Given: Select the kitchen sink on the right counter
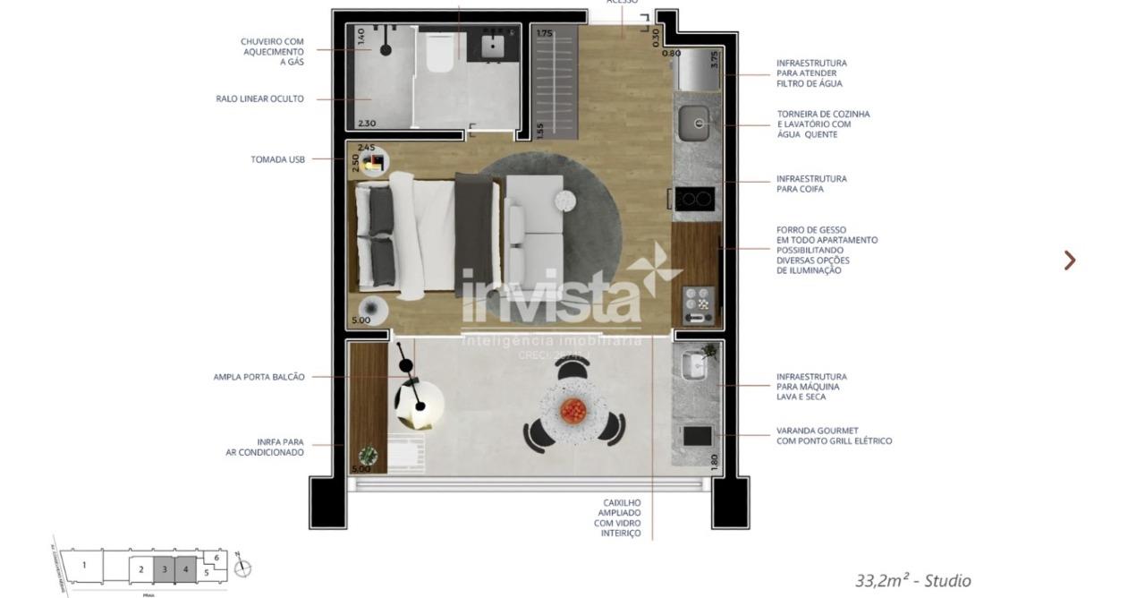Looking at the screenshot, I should point(693,124).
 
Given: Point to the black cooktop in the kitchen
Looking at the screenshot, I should point(695,198).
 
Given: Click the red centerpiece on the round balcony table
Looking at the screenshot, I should point(573,411).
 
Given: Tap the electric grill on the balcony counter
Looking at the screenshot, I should point(697,436).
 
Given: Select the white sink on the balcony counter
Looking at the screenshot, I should point(695,367).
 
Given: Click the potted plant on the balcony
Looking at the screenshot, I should point(367,455).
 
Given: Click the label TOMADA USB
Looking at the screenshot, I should point(277,159).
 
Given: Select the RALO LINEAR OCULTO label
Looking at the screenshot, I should point(259,99).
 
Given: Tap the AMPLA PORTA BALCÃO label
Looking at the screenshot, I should point(259,377).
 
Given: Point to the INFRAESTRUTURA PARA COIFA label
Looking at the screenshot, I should point(811,184).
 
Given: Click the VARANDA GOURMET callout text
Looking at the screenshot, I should point(834,436).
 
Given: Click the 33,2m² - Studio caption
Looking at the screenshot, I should point(912,581).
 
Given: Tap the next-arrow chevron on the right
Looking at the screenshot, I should point(1070,261).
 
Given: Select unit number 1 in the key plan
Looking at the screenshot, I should point(85,566).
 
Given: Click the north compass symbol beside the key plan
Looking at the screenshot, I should point(242,568).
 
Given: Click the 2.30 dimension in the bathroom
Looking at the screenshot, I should point(366,124).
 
